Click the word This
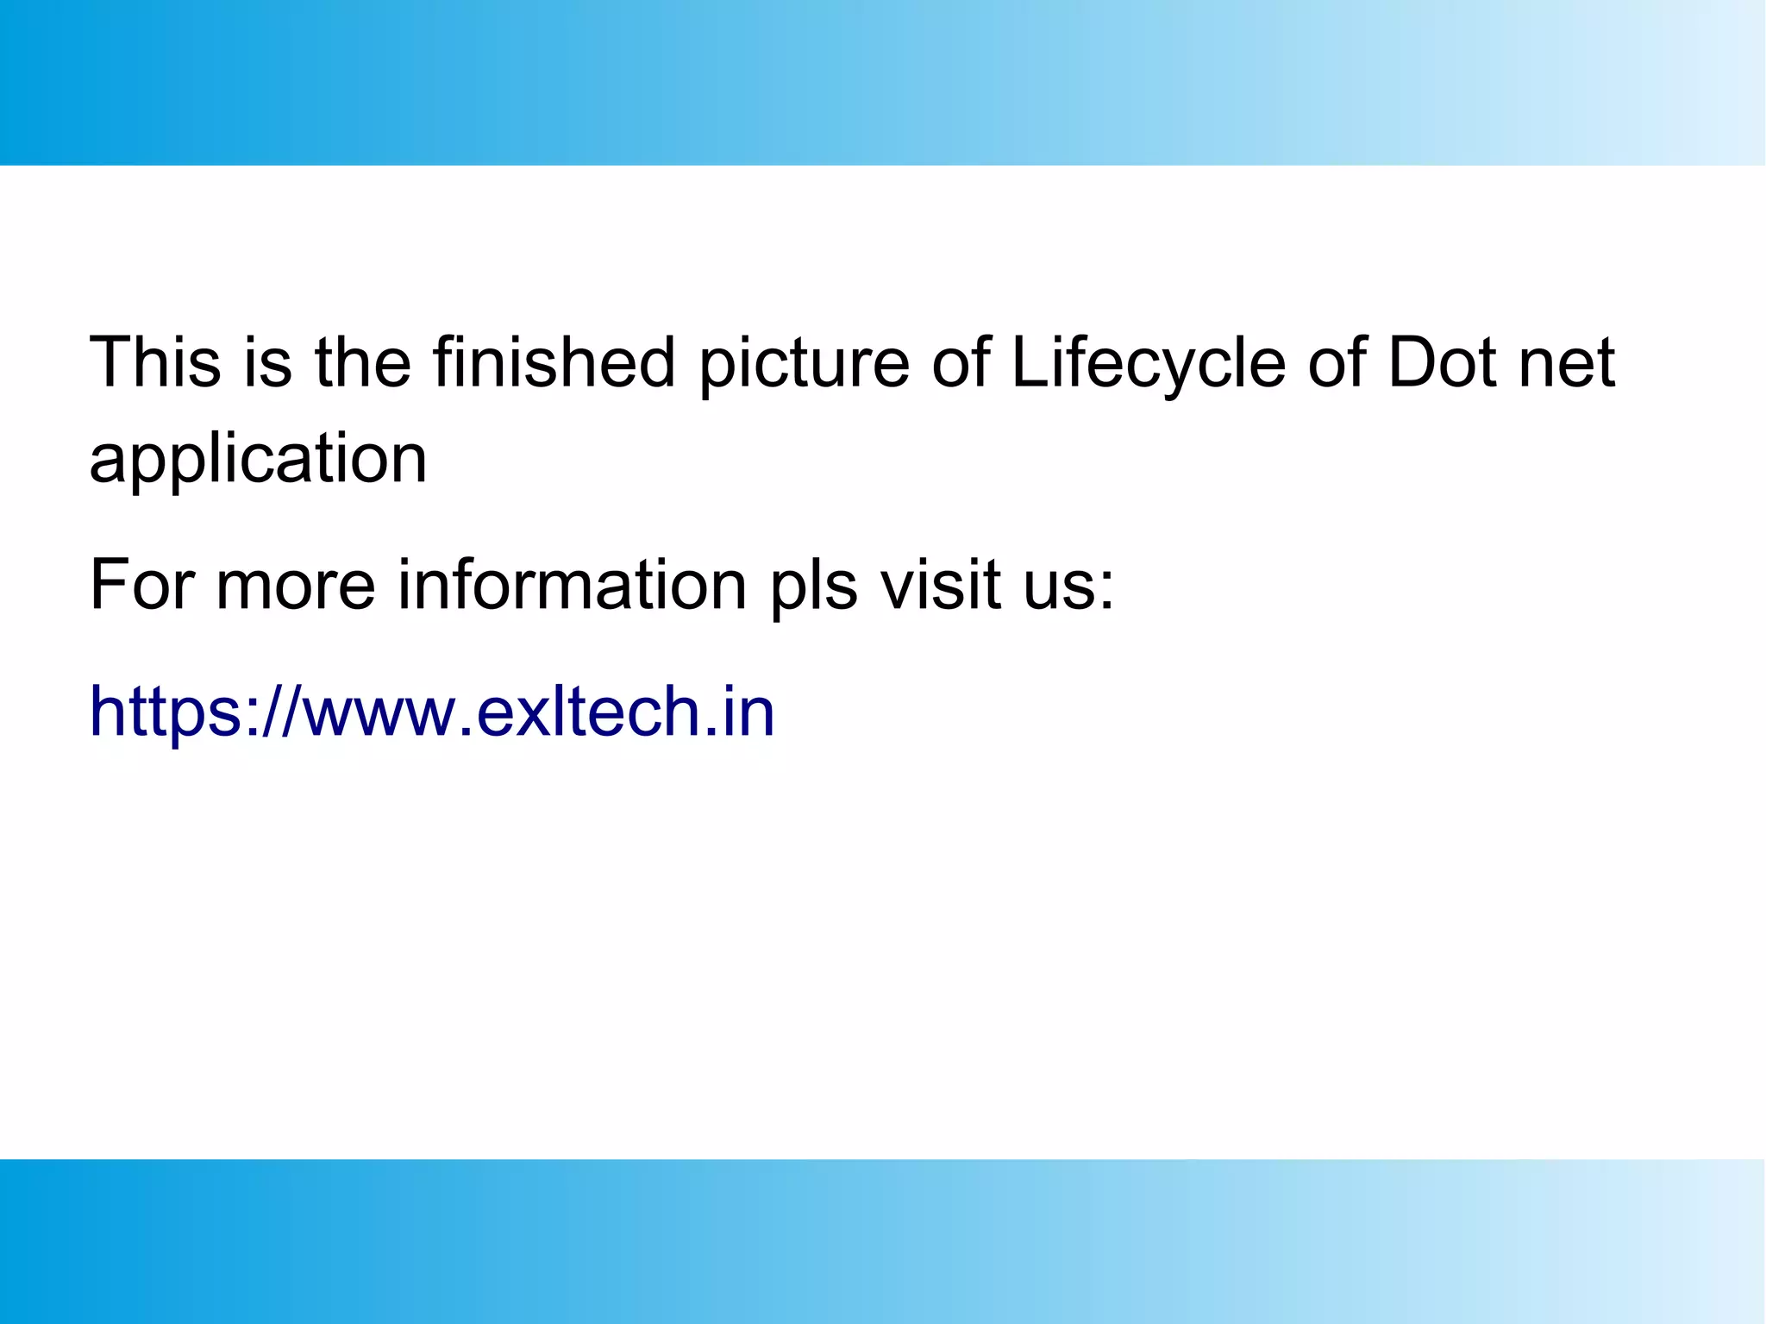click(155, 362)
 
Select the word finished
click(554, 362)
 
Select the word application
click(258, 460)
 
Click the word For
click(142, 585)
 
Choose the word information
click(571, 585)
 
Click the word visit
click(940, 585)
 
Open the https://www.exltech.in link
click(432, 712)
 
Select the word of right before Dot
click(1337, 362)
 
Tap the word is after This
click(267, 362)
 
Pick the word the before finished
click(362, 362)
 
